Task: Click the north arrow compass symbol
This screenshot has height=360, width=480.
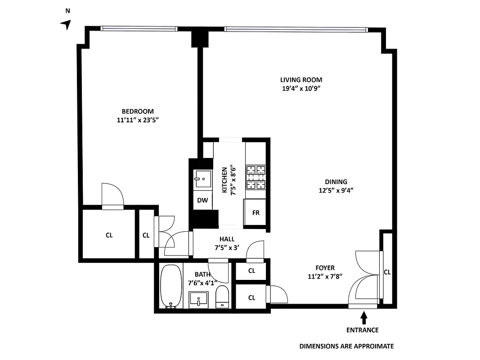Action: tap(67, 25)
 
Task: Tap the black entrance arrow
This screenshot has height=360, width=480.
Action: tap(364, 318)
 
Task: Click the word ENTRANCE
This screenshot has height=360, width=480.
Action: tap(362, 330)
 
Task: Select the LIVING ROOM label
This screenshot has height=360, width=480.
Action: tap(301, 80)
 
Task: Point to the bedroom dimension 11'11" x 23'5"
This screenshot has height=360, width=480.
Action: tap(138, 120)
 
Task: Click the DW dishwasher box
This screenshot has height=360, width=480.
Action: tap(202, 200)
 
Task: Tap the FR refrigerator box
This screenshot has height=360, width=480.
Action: tap(256, 213)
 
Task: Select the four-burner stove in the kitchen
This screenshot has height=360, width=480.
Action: tap(256, 177)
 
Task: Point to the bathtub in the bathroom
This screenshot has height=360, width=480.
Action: tap(170, 287)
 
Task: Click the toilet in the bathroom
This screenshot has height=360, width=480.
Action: tap(222, 297)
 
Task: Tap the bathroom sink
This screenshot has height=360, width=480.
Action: tap(198, 298)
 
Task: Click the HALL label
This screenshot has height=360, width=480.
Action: tap(227, 239)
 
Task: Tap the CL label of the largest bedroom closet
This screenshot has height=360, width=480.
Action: tap(109, 235)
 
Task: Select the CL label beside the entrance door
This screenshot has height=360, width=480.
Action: tap(387, 272)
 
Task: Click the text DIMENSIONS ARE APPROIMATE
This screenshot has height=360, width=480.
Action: tap(346, 346)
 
